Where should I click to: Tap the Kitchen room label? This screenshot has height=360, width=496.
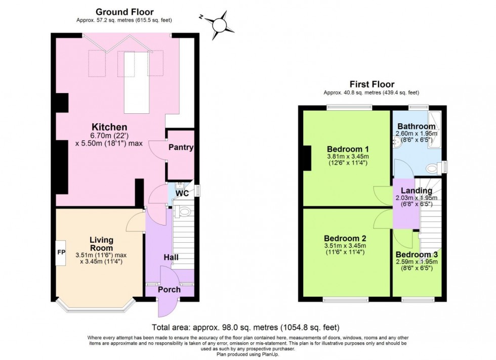click(x=109, y=126)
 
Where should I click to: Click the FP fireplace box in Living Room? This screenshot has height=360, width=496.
click(x=61, y=252)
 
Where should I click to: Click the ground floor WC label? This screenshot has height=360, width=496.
click(x=182, y=194)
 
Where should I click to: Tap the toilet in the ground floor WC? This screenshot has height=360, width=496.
click(x=185, y=211)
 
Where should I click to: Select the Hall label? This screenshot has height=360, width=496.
click(x=171, y=257)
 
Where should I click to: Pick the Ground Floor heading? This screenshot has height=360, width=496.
click(x=125, y=12)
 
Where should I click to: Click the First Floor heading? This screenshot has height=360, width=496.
click(x=371, y=84)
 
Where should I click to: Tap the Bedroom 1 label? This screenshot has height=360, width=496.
click(x=347, y=149)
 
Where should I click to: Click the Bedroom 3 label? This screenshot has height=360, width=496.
click(x=417, y=254)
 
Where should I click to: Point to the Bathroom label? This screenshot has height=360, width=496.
click(x=416, y=126)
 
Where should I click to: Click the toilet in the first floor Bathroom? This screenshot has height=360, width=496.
click(x=433, y=168)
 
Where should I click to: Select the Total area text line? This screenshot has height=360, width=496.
click(x=245, y=327)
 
